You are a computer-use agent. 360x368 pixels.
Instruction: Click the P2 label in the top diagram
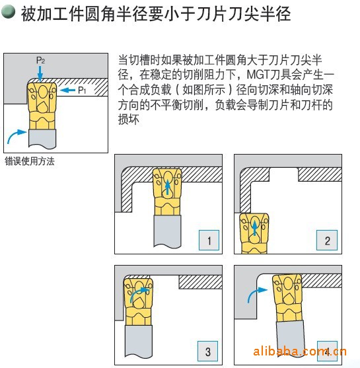click(40, 60)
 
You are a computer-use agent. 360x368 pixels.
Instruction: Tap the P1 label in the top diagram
click(82, 90)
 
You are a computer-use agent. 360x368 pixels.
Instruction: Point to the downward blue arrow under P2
click(40, 73)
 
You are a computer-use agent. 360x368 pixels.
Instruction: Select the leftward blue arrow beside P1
click(67, 90)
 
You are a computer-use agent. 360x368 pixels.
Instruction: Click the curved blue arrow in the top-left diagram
click(14, 135)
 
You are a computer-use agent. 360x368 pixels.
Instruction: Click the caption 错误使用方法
click(30, 161)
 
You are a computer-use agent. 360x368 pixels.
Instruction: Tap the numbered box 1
click(209, 240)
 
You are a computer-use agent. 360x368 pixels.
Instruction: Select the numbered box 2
click(327, 240)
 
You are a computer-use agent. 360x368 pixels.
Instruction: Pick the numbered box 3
click(207, 351)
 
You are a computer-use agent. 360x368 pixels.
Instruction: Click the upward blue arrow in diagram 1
click(168, 187)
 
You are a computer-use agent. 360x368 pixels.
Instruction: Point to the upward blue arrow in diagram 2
click(254, 228)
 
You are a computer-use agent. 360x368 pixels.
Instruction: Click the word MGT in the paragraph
click(258, 75)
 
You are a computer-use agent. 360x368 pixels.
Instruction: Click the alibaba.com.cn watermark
click(300, 351)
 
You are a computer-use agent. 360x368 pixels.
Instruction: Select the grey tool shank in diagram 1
click(167, 231)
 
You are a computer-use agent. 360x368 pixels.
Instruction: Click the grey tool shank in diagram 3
click(139, 341)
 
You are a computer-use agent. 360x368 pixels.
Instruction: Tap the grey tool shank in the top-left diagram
click(42, 139)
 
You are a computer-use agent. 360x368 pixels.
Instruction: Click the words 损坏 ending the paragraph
click(129, 119)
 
